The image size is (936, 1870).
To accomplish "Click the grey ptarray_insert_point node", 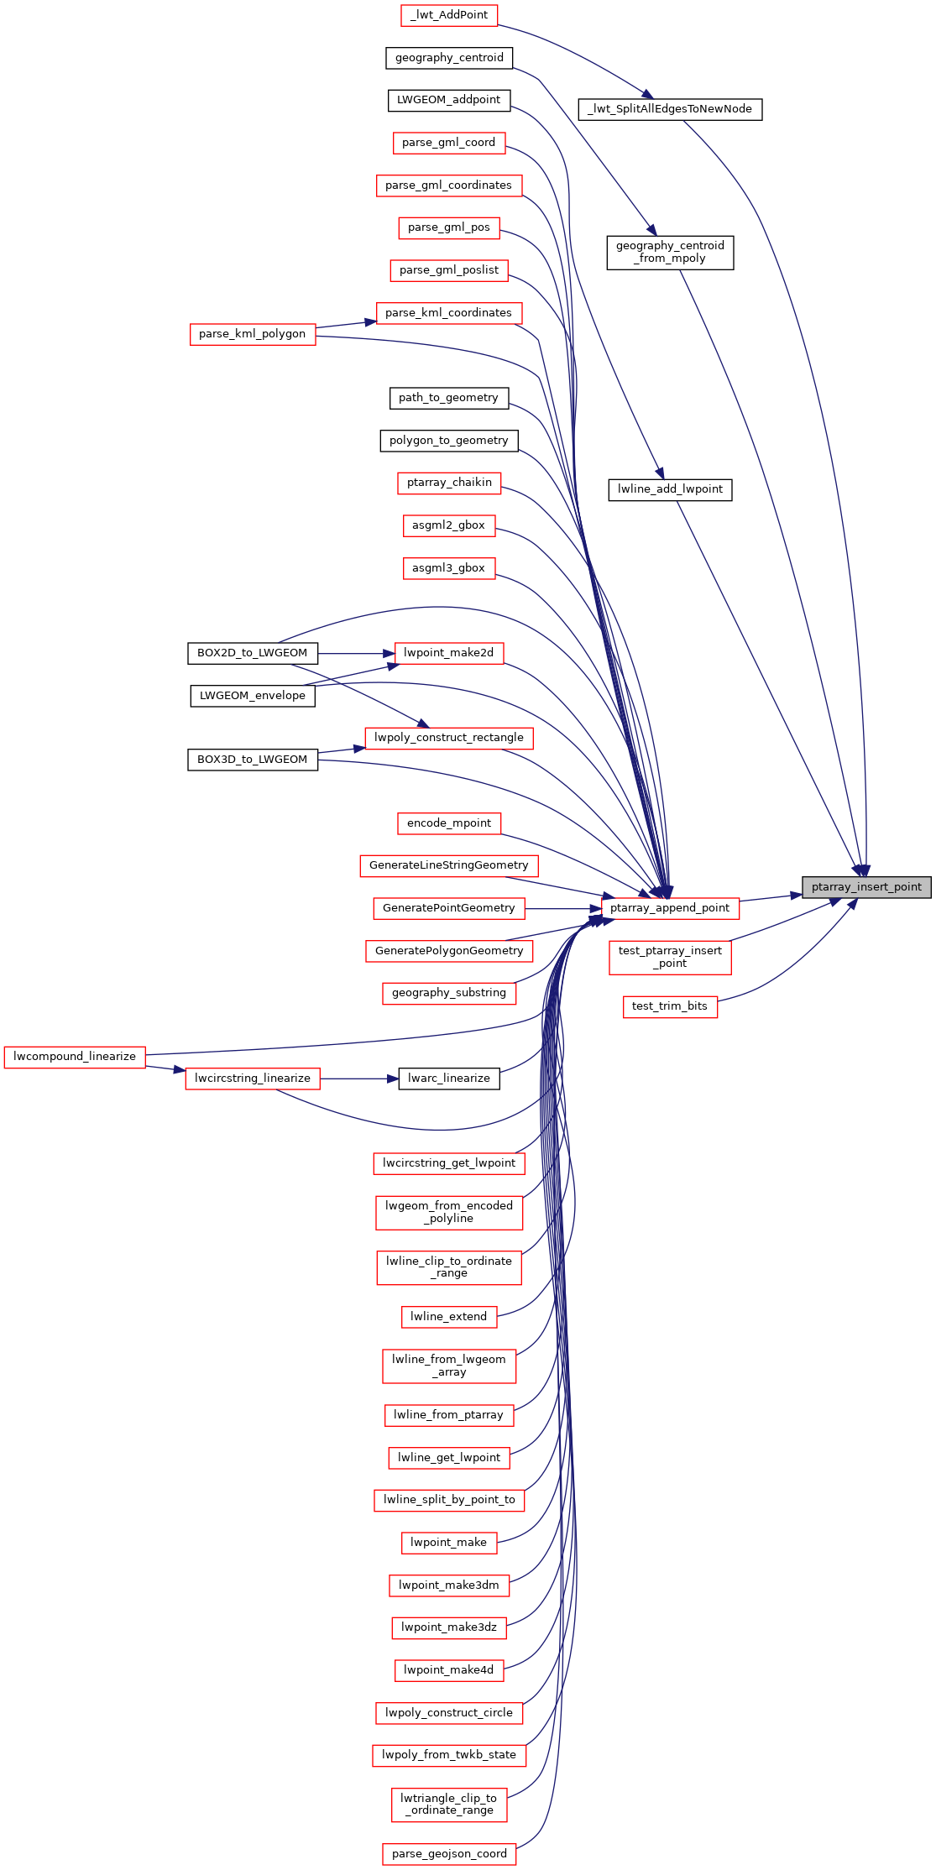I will click(866, 887).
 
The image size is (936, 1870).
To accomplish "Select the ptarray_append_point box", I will click(670, 908).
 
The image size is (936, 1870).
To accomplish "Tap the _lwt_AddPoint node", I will click(449, 15).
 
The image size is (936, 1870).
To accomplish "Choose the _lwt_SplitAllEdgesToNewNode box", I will click(670, 109).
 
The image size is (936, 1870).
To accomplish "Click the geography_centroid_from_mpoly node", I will click(670, 252).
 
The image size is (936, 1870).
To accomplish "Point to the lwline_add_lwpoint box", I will click(670, 489).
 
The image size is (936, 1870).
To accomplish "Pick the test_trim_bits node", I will click(670, 1006).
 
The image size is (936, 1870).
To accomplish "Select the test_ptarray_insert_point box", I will click(670, 957).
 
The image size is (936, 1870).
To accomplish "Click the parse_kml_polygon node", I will click(253, 334).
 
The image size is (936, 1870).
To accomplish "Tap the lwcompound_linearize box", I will click(75, 1057).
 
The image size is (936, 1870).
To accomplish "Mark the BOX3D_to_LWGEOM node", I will click(253, 760).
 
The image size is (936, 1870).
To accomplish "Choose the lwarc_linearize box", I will click(449, 1079).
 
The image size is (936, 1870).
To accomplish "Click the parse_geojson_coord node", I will click(449, 1854).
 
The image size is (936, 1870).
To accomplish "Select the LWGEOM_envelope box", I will click(253, 696).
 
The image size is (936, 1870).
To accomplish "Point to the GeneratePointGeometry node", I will click(449, 908).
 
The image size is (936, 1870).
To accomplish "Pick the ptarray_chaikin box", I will click(449, 483).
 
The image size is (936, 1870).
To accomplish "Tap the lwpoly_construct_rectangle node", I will click(449, 738).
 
